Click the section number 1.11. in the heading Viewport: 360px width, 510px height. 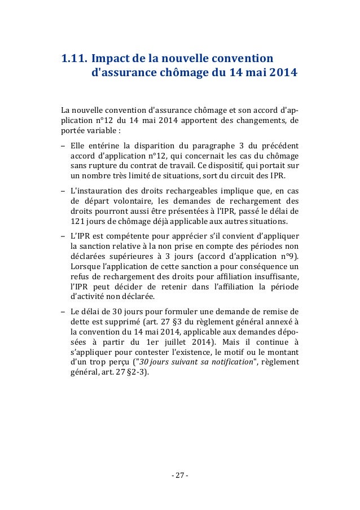(73, 58)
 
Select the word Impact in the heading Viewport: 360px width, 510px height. (111, 58)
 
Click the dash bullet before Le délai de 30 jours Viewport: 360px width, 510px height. (64, 311)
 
